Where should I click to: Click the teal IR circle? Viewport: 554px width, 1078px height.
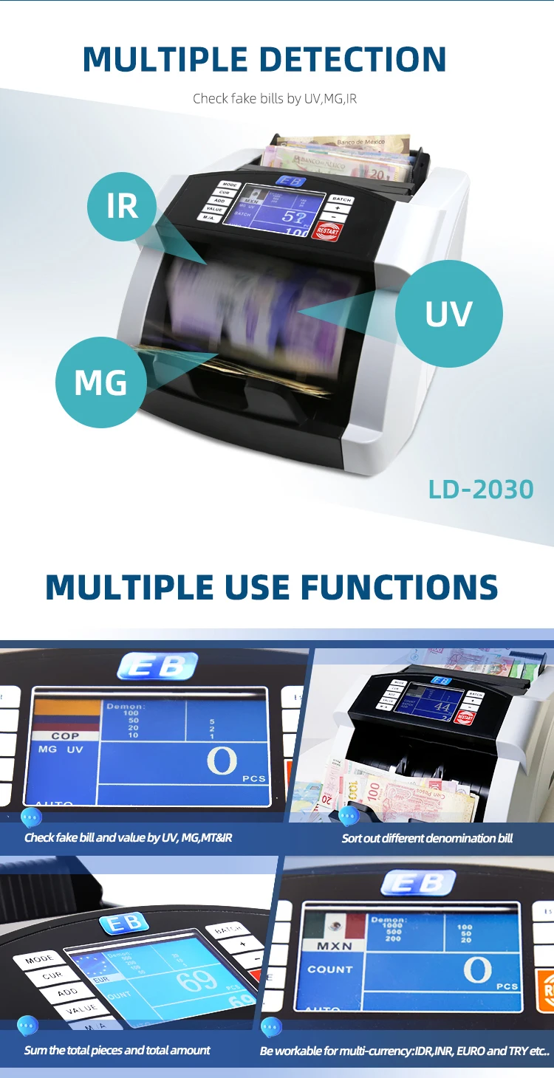[x=122, y=206]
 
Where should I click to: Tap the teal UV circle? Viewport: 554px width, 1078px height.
[x=448, y=313]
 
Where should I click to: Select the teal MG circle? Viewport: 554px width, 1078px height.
[x=101, y=382]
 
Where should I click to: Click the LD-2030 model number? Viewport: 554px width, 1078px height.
[x=481, y=489]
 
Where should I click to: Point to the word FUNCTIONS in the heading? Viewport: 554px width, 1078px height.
[x=399, y=587]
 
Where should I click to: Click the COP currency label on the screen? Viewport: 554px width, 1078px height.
[x=65, y=736]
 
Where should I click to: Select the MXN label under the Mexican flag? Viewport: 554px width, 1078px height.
[x=335, y=946]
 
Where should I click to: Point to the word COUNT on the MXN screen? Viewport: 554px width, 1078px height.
[x=330, y=969]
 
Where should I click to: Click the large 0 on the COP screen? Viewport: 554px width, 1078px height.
[x=221, y=761]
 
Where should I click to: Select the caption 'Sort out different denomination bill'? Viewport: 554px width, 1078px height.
[x=427, y=838]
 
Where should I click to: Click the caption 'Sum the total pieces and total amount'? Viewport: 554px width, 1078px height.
[x=117, y=1050]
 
